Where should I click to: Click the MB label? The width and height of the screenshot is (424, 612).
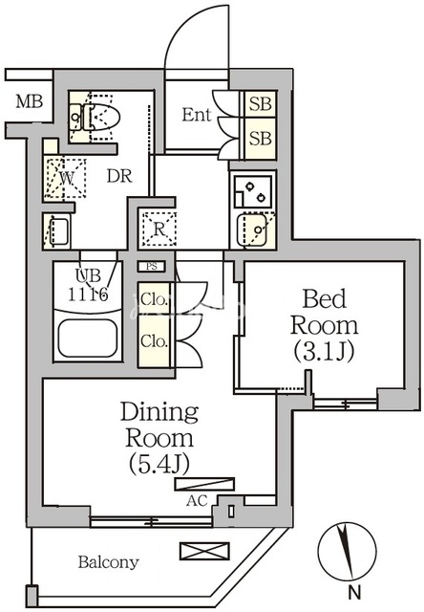click(29, 102)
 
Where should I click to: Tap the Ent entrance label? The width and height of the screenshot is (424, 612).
click(197, 115)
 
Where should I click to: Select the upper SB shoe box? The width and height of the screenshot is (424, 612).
click(260, 103)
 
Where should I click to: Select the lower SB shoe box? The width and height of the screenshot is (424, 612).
click(260, 138)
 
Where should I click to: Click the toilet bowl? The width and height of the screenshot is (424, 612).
click(101, 117)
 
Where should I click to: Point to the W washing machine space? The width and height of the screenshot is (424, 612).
click(65, 178)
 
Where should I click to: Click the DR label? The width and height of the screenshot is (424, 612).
click(119, 176)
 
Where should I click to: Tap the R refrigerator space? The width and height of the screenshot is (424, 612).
click(159, 229)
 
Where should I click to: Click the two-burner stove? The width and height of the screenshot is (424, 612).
click(253, 191)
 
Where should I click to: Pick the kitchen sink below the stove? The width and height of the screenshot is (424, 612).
click(252, 229)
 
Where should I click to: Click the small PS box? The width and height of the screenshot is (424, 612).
click(152, 267)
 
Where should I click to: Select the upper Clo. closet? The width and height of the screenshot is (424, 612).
click(155, 299)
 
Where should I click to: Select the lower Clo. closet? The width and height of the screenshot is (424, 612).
click(155, 341)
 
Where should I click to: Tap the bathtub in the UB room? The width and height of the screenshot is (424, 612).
click(88, 339)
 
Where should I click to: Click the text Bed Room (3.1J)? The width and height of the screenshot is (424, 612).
click(324, 325)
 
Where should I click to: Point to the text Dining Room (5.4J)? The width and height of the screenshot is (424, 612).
click(159, 438)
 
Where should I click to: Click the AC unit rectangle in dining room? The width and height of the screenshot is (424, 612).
click(204, 484)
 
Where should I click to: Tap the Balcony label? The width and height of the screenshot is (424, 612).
click(108, 562)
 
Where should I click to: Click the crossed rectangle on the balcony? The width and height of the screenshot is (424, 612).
click(204, 551)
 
